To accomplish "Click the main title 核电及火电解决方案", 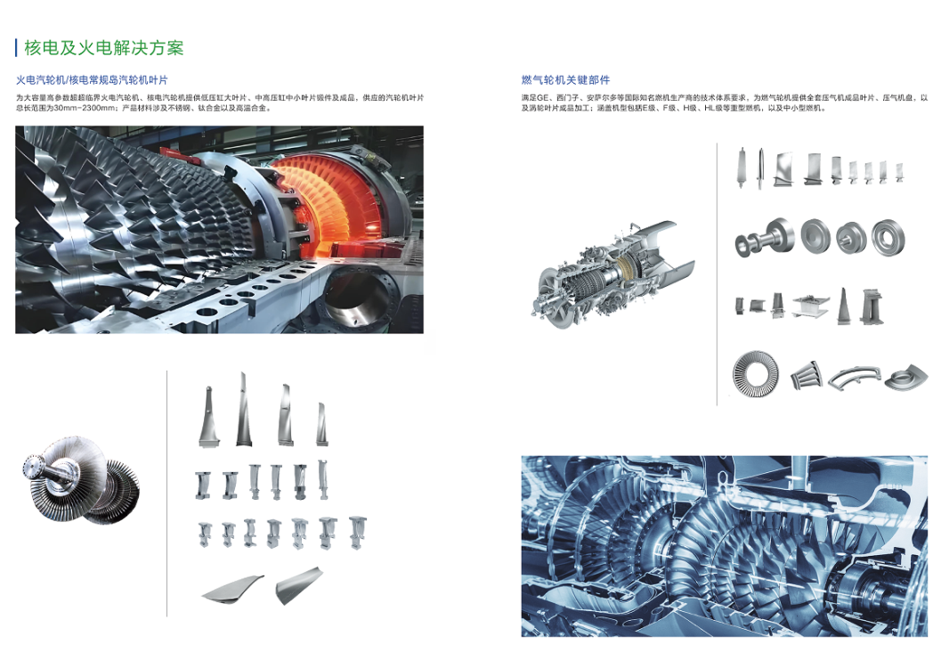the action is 103,48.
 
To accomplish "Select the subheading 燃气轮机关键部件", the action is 565,80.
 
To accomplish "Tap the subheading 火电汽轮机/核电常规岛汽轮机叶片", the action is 92,80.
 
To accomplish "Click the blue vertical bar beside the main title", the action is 16,48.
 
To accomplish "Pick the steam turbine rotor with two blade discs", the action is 82,479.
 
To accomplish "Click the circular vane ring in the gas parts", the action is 755,374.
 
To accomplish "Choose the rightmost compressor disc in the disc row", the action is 888,238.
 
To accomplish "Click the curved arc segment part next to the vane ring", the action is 855,376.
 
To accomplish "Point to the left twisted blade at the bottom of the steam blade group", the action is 232,588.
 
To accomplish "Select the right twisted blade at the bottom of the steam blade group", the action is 299,584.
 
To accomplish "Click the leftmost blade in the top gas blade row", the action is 742,167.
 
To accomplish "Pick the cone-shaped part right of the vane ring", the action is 807,376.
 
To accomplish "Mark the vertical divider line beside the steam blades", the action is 167,494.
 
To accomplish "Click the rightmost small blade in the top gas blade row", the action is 899,171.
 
